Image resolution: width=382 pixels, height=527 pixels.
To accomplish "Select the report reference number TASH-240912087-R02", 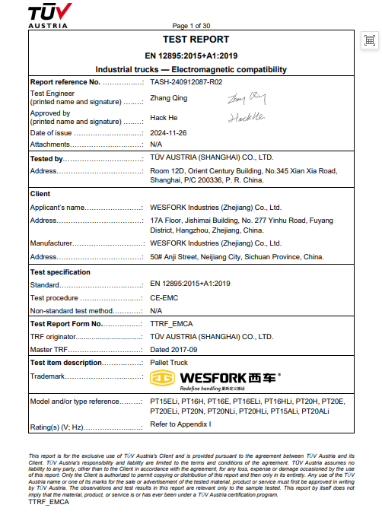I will click(186, 81).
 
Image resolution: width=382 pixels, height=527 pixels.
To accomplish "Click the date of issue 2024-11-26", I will click(168, 133).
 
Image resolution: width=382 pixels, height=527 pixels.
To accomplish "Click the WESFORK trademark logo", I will click(215, 376).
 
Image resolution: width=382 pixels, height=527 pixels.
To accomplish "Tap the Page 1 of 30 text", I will click(192, 26).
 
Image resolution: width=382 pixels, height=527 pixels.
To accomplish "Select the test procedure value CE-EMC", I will click(166, 297).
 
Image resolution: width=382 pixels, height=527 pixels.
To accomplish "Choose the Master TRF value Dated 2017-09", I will click(174, 349).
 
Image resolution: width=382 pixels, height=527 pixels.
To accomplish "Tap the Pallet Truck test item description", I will click(169, 362).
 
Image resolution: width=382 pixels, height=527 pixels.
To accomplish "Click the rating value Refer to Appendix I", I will click(180, 424).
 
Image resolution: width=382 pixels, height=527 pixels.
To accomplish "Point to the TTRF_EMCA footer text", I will click(48, 503).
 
